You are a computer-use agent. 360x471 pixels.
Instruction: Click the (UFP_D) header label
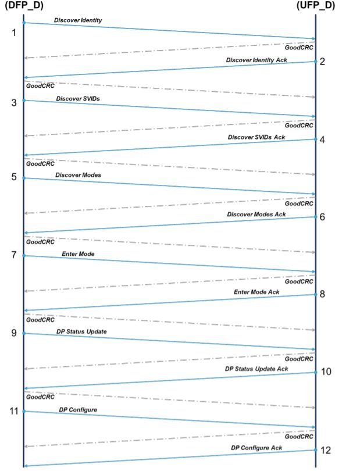pyautogui.click(x=315, y=5)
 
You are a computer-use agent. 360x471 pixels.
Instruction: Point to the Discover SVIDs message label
pyautogui.click(x=78, y=98)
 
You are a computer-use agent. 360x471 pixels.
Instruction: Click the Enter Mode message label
pyautogui.click(x=78, y=254)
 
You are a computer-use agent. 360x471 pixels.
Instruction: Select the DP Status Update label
pyautogui.click(x=81, y=331)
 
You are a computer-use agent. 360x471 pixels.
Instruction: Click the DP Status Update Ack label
pyautogui.click(x=256, y=369)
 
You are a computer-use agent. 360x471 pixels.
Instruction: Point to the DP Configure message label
pyautogui.click(x=77, y=410)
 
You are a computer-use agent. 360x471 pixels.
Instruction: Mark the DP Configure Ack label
pyautogui.click(x=256, y=447)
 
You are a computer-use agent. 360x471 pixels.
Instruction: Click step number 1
pyautogui.click(x=15, y=32)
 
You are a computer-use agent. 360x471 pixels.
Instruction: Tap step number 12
pyautogui.click(x=326, y=450)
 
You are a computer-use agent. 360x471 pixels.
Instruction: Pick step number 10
pyautogui.click(x=326, y=372)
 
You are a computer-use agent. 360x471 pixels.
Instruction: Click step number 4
pyautogui.click(x=322, y=140)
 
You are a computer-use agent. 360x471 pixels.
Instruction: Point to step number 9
pyautogui.click(x=15, y=333)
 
